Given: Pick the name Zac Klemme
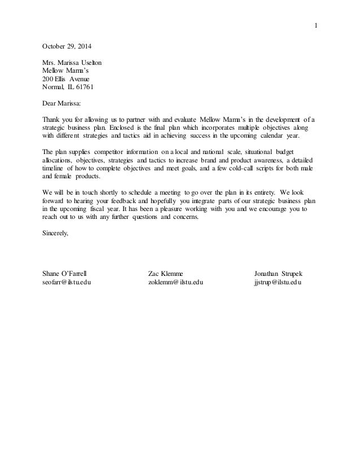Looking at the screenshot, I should [165, 274].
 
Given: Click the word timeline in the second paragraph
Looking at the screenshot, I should [54, 168].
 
